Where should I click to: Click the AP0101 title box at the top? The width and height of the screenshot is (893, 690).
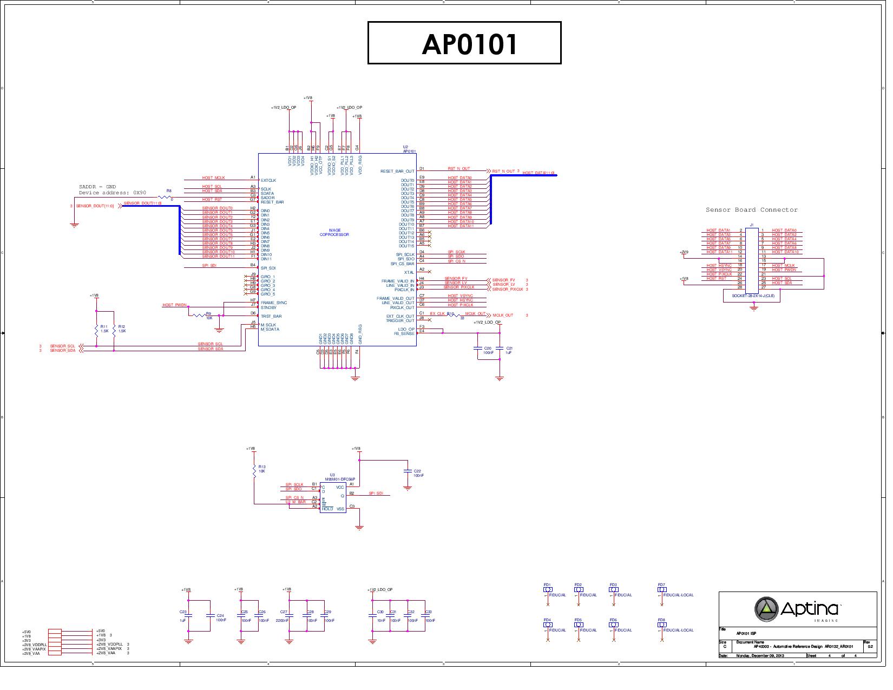pyautogui.click(x=464, y=43)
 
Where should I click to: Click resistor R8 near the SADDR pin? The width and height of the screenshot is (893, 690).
pyautogui.click(x=165, y=198)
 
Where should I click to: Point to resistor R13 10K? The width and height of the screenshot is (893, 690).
pyautogui.click(x=254, y=471)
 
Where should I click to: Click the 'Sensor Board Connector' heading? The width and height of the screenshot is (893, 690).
pyautogui.click(x=751, y=210)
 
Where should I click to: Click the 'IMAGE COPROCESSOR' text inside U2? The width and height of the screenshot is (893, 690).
pyautogui.click(x=334, y=233)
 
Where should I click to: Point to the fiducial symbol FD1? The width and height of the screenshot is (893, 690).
pyautogui.click(x=548, y=590)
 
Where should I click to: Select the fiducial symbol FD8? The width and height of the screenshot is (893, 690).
pyautogui.click(x=662, y=625)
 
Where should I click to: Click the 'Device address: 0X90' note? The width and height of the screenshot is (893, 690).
pyautogui.click(x=113, y=193)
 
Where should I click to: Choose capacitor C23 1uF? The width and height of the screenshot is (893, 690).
pyautogui.click(x=188, y=615)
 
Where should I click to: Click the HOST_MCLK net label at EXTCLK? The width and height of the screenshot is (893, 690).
pyautogui.click(x=213, y=178)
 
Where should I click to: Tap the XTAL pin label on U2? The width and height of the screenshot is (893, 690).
pyautogui.click(x=409, y=272)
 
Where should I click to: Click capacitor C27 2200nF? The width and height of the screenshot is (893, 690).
pyautogui.click(x=290, y=615)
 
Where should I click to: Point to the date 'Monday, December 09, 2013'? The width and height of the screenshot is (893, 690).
pyautogui.click(x=760, y=656)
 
